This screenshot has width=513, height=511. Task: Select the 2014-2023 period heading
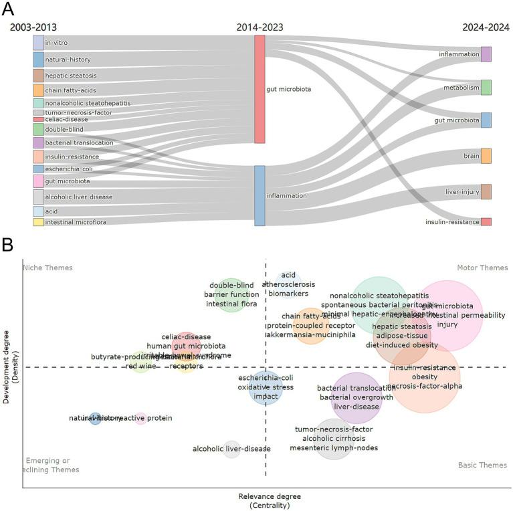pyautogui.click(x=260, y=27)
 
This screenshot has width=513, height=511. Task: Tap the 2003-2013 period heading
pyautogui.click(x=33, y=27)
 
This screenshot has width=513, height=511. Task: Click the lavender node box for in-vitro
pyautogui.click(x=39, y=43)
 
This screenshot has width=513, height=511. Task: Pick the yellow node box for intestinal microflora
pyautogui.click(x=39, y=222)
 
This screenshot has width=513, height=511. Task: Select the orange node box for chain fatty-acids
pyautogui.click(x=39, y=90)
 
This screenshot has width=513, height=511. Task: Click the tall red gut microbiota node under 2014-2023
pyautogui.click(x=260, y=89)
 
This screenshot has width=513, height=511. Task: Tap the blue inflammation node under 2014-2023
pyautogui.click(x=260, y=196)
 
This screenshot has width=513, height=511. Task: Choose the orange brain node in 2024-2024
pyautogui.click(x=486, y=156)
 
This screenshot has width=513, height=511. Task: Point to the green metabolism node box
pyautogui.click(x=486, y=88)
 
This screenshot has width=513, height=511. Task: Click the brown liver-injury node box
pyautogui.click(x=486, y=192)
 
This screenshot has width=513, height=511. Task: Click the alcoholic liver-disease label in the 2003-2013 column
pyautogui.click(x=79, y=197)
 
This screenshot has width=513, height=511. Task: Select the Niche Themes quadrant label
pyautogui.click(x=47, y=268)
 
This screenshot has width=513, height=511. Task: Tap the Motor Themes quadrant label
pyautogui.click(x=482, y=268)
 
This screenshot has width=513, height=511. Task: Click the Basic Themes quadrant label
pyautogui.click(x=482, y=466)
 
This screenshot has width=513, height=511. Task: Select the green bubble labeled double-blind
pyautogui.click(x=231, y=295)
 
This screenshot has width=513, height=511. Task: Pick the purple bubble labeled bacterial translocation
pyautogui.click(x=356, y=397)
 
